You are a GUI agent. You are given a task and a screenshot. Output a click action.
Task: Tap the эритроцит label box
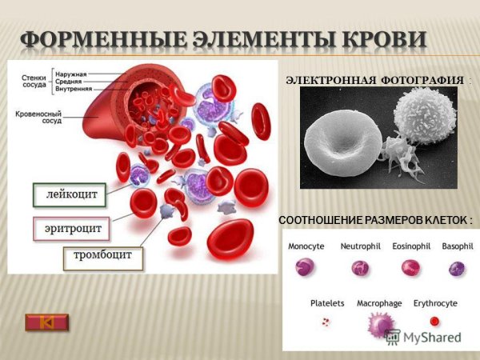pyautogui.click(x=72, y=228)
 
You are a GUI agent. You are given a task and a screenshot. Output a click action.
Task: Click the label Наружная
pyautogui.click(x=71, y=70)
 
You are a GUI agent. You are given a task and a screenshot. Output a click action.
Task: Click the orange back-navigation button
pyautogui.click(x=47, y=322)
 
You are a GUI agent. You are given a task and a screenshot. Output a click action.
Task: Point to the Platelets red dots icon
pyautogui.click(x=326, y=322)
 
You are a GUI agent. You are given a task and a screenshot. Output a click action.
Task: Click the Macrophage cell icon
pyautogui.click(x=377, y=324)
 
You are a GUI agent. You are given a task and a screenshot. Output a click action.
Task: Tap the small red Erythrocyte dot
pyautogui.click(x=434, y=321)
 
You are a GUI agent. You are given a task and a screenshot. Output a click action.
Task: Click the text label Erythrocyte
pyautogui.click(x=435, y=304)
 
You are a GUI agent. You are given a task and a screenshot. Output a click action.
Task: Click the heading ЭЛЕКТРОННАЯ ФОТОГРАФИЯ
pyautogui.click(x=374, y=81)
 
